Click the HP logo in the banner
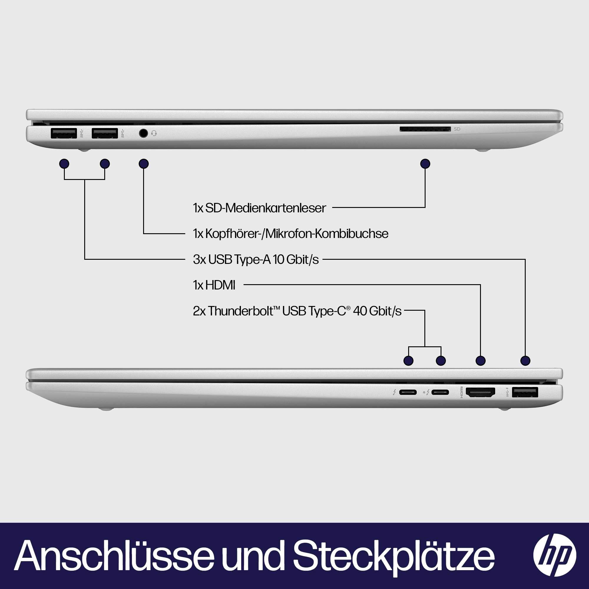(x=555, y=555)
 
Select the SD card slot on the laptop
(x=425, y=129)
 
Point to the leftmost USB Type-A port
(x=64, y=133)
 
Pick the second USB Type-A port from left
(x=105, y=133)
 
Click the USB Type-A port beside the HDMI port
(x=525, y=392)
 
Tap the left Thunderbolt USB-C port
(x=408, y=392)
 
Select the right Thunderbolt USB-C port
(x=441, y=392)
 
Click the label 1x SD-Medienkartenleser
(x=259, y=208)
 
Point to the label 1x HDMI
(x=214, y=285)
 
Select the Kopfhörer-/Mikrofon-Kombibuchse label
(x=291, y=234)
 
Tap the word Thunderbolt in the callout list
(x=239, y=311)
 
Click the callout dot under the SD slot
(x=425, y=164)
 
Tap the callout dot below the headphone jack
(x=144, y=164)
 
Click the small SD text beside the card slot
(x=457, y=129)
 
